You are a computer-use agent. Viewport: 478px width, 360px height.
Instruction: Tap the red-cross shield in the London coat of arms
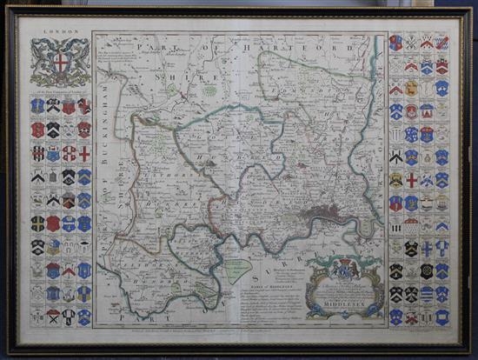(59, 63)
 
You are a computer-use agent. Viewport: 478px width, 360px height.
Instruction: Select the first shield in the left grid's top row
(37, 105)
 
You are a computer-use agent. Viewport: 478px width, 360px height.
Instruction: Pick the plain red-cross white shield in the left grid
(84, 153)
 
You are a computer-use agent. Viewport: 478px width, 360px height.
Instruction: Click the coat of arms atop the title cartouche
(344, 266)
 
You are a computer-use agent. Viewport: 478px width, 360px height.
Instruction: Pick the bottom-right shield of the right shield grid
(442, 317)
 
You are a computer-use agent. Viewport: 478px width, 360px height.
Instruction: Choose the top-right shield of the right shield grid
(442, 43)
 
